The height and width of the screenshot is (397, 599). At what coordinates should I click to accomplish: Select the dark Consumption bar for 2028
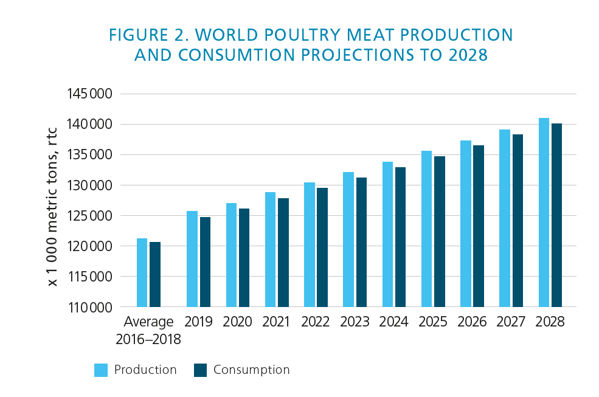click(x=556, y=215)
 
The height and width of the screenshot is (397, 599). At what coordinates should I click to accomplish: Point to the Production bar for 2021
click(x=270, y=249)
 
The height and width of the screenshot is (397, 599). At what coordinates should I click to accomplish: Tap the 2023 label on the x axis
click(x=355, y=322)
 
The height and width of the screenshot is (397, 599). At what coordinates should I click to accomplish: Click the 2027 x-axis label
click(x=511, y=322)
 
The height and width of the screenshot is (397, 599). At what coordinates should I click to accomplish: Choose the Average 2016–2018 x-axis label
click(x=148, y=330)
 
